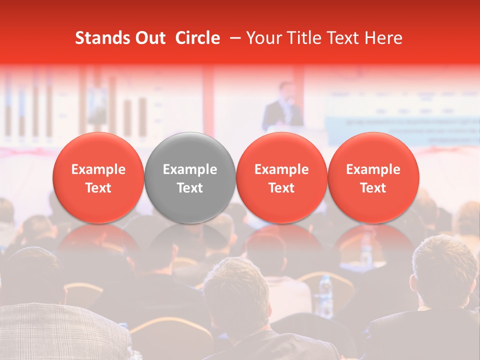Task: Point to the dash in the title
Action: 232,38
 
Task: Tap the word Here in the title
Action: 383,38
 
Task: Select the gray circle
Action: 190,177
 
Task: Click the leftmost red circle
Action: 98,177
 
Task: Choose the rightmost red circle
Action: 373,177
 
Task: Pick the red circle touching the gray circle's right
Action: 281,177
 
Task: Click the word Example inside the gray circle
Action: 190,169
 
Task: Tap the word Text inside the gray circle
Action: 190,188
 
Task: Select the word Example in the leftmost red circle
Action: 98,169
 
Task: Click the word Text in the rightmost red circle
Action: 373,188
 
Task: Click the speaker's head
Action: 285,90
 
